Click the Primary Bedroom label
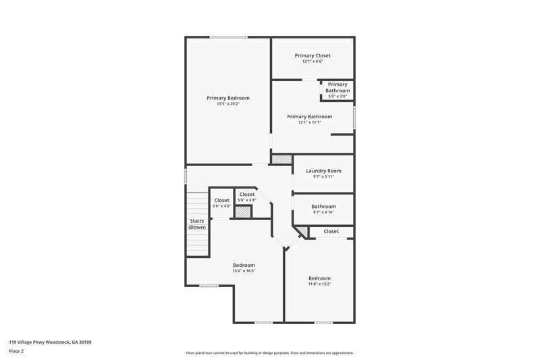[x=228, y=98]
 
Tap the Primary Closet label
[x=313, y=55]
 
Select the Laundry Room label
[x=323, y=171]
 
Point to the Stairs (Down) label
[x=196, y=224]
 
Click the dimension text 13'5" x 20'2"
[x=228, y=104]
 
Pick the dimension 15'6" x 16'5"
[x=244, y=271]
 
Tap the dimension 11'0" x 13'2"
[x=319, y=284]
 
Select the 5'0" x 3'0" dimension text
[x=337, y=97]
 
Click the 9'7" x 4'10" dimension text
[x=323, y=212]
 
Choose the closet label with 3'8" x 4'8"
[x=221, y=200]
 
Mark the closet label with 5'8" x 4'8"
[x=246, y=195]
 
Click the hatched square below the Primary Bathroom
[x=281, y=159]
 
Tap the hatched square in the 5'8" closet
[x=242, y=212]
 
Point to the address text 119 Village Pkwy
[x=50, y=342]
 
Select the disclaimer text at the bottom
[x=269, y=353]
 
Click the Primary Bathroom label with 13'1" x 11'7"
[x=309, y=116]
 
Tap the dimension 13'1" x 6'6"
[x=313, y=61]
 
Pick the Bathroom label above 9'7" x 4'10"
[x=323, y=206]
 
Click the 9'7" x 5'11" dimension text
[x=323, y=177]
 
